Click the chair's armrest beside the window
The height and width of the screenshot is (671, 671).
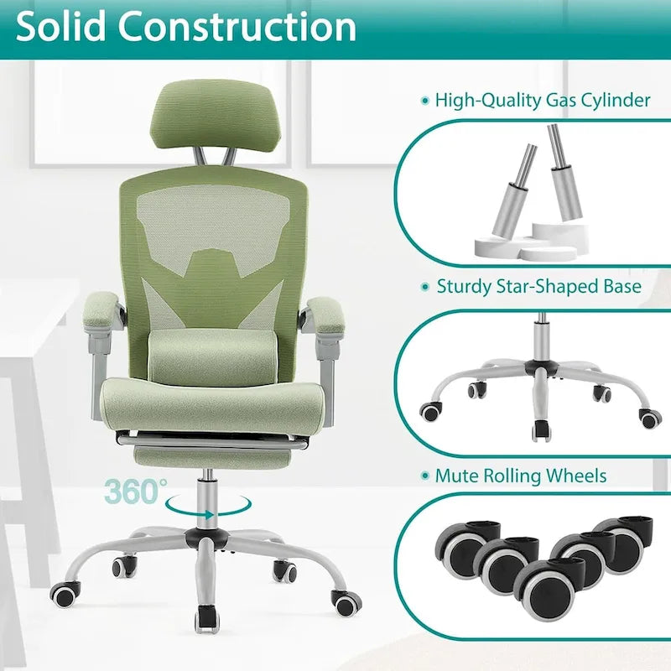(x=101, y=307)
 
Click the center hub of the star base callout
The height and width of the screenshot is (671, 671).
(x=534, y=370)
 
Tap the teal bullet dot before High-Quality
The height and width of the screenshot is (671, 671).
(x=424, y=101)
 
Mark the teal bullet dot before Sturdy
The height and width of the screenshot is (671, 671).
(x=424, y=287)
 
